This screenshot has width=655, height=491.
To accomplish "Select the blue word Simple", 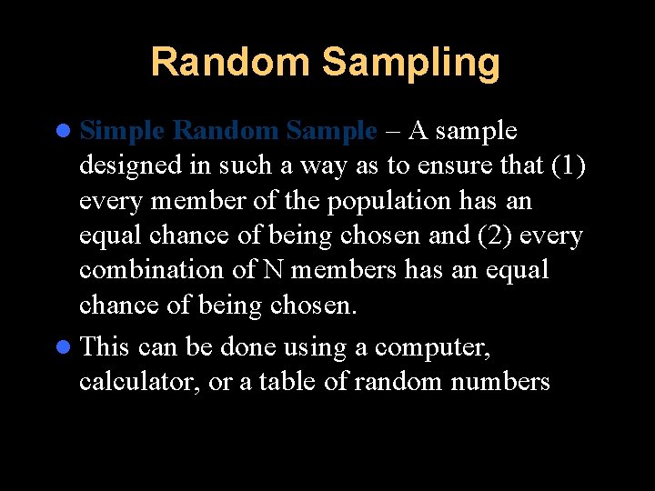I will [x=122, y=131].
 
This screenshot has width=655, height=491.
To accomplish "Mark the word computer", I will [x=433, y=348].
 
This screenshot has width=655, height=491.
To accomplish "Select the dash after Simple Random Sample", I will [x=393, y=132].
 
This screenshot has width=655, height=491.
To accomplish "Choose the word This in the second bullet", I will [x=106, y=347].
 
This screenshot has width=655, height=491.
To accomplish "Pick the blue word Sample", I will [x=330, y=131].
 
